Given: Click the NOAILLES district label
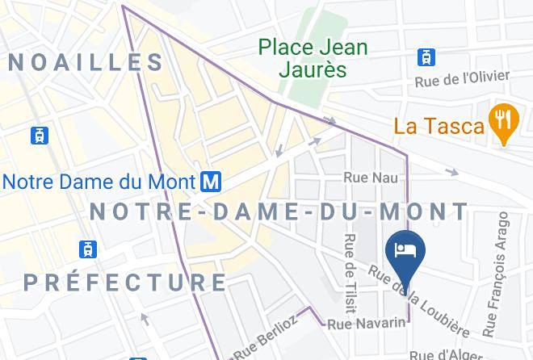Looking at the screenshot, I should point(86,62).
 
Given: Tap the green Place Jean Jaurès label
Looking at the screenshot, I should point(313,58).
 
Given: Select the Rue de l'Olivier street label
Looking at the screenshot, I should point(462,79).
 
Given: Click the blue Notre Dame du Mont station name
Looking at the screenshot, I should point(100,181).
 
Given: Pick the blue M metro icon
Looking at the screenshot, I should point(211,181).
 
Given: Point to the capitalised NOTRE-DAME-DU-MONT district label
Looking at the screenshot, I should point(278,212).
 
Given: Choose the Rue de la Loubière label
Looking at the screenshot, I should point(418,301).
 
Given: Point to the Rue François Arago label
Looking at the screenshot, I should point(497,274).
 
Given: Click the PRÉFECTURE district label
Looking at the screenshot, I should point(125,283).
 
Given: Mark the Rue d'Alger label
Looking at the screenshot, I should point(441,354).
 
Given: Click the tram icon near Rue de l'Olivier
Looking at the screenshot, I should point(426,57).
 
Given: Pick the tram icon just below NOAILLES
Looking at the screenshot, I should point(38,136).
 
